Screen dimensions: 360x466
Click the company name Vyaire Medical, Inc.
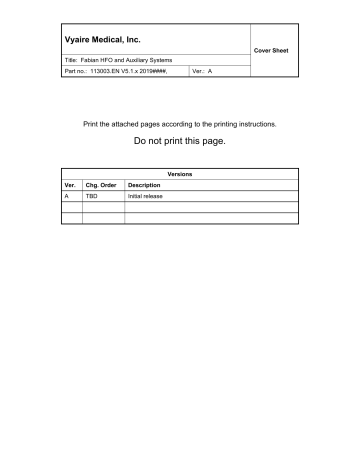[x=103, y=39]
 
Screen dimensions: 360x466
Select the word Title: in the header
[x=73, y=62]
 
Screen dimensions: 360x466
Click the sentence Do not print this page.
[x=180, y=142]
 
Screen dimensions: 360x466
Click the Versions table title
[x=180, y=174]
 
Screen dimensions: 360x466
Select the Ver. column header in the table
[x=70, y=186]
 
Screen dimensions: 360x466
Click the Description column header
[x=145, y=186]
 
